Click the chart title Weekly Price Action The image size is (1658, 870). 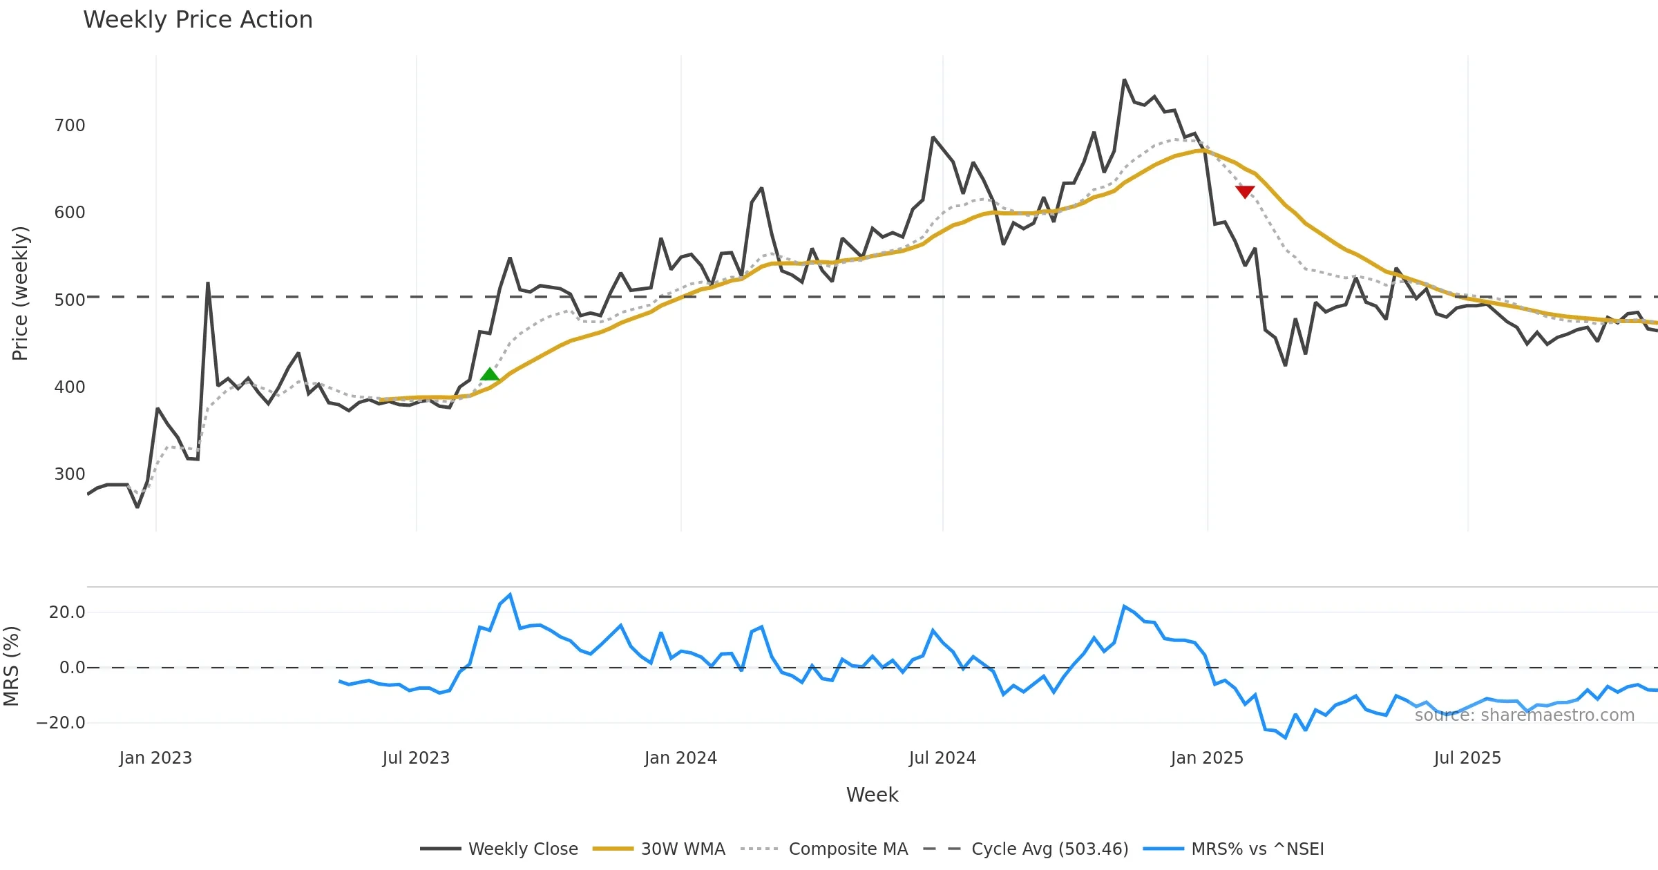pyautogui.click(x=198, y=20)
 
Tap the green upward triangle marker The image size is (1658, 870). pyautogui.click(x=490, y=374)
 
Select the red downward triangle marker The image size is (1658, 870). pyautogui.click(x=1245, y=191)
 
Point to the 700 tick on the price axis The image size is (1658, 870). pyautogui.click(x=70, y=126)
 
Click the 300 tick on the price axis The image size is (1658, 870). pyautogui.click(x=70, y=474)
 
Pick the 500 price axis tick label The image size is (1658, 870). pyautogui.click(x=70, y=300)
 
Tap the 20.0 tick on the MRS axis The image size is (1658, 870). pyautogui.click(x=67, y=612)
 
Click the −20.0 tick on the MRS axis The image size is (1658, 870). pyautogui.click(x=61, y=723)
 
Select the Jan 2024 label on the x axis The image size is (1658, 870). pyautogui.click(x=680, y=758)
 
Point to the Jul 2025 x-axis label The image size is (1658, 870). pyautogui.click(x=1467, y=758)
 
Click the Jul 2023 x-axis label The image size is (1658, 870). pyautogui.click(x=416, y=758)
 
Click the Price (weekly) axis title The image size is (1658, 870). pyautogui.click(x=20, y=293)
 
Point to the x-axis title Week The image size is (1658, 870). pyautogui.click(x=872, y=795)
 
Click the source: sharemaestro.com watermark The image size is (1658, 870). pyautogui.click(x=1524, y=715)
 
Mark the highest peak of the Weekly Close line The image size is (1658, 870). pyautogui.click(x=1125, y=80)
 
